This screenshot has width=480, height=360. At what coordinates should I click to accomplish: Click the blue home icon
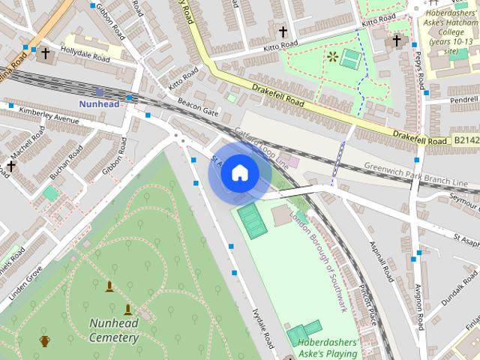(x=239, y=173)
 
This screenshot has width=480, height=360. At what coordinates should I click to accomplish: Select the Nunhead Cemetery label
(x=114, y=330)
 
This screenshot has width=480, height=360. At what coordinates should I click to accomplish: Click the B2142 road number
(x=466, y=140)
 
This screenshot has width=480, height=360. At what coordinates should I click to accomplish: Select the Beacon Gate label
(x=197, y=110)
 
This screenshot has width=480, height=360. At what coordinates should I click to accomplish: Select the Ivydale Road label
(x=263, y=328)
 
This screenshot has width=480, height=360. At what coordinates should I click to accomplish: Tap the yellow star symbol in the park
(x=331, y=55)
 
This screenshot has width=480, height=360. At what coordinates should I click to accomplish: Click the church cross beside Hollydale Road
(x=46, y=53)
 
